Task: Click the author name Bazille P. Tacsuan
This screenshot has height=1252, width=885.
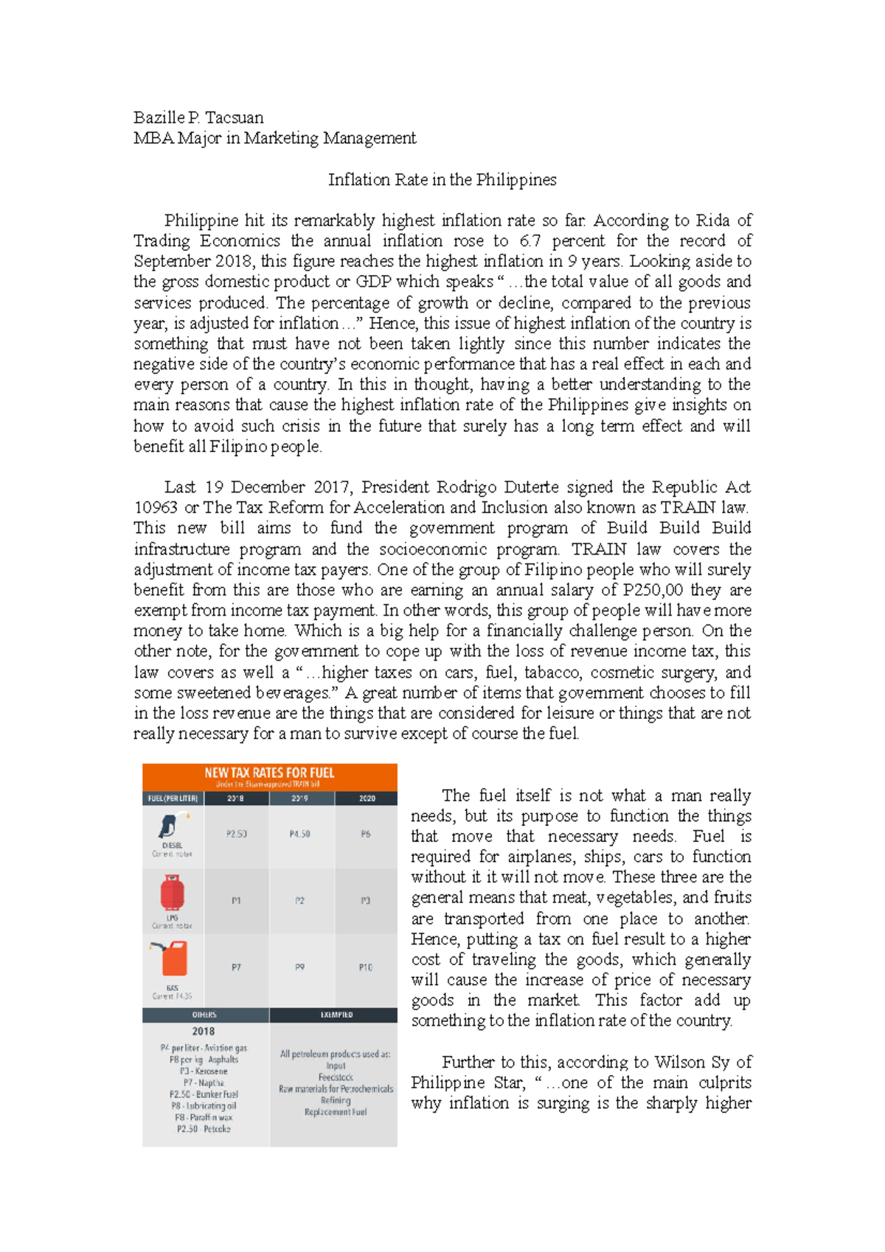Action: (x=198, y=118)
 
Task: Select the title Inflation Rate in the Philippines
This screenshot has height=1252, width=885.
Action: (x=442, y=180)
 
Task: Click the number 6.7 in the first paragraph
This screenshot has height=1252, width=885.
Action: (x=530, y=241)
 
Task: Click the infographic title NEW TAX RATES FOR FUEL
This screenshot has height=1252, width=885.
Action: (x=269, y=773)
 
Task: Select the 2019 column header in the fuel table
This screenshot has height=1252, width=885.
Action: (x=300, y=799)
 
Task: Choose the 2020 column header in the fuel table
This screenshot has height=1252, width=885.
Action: (x=367, y=799)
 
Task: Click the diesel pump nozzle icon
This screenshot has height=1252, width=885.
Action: (x=173, y=826)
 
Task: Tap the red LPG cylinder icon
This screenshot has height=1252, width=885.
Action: (x=172, y=893)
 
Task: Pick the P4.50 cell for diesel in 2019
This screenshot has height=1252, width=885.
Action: (x=300, y=835)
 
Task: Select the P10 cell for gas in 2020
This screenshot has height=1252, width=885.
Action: (x=366, y=967)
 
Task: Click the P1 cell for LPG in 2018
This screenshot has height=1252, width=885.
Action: (x=236, y=901)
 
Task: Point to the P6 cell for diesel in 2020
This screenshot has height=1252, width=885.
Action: (x=366, y=835)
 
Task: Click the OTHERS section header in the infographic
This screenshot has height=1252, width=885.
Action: (x=204, y=1015)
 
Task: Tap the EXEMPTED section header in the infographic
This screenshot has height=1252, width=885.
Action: (x=336, y=1015)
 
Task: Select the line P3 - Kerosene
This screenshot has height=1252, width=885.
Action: (x=204, y=1071)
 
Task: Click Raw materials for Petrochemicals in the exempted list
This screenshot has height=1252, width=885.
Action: (x=336, y=1089)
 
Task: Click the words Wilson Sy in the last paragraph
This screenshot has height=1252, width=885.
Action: (x=692, y=1063)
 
